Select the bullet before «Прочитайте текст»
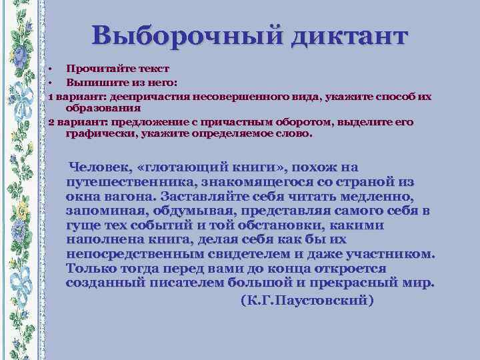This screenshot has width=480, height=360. click(50, 69)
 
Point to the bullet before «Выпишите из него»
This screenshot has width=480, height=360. click(50, 83)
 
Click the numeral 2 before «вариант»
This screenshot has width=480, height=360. click(51, 123)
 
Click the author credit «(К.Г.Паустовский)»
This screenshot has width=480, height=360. click(307, 300)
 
